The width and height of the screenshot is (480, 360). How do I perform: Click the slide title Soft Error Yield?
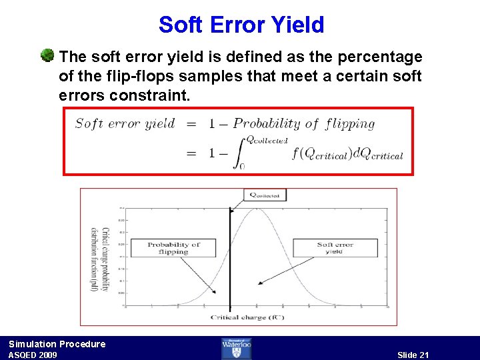[x=241, y=25]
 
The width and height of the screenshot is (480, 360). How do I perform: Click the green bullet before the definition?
[x=47, y=55]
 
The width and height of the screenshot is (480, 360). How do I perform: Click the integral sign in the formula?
[x=238, y=153]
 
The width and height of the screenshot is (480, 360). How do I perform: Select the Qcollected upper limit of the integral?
[x=267, y=140]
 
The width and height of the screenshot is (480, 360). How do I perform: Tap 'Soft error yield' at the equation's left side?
[x=125, y=123]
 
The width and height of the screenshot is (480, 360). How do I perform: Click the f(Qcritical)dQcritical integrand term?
[x=347, y=155]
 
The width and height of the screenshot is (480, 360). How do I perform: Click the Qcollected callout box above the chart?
[x=265, y=195]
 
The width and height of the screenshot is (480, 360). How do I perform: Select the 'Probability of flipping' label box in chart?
[x=173, y=248]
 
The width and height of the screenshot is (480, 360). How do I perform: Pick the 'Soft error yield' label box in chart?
[x=335, y=248]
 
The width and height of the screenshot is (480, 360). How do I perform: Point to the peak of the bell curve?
[x=256, y=209]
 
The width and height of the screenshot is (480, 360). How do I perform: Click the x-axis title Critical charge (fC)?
[x=248, y=317]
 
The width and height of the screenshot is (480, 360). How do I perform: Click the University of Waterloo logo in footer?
[x=236, y=348]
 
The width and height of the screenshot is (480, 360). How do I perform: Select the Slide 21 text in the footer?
[x=413, y=355]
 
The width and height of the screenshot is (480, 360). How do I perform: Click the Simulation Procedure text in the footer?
[x=57, y=344]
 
